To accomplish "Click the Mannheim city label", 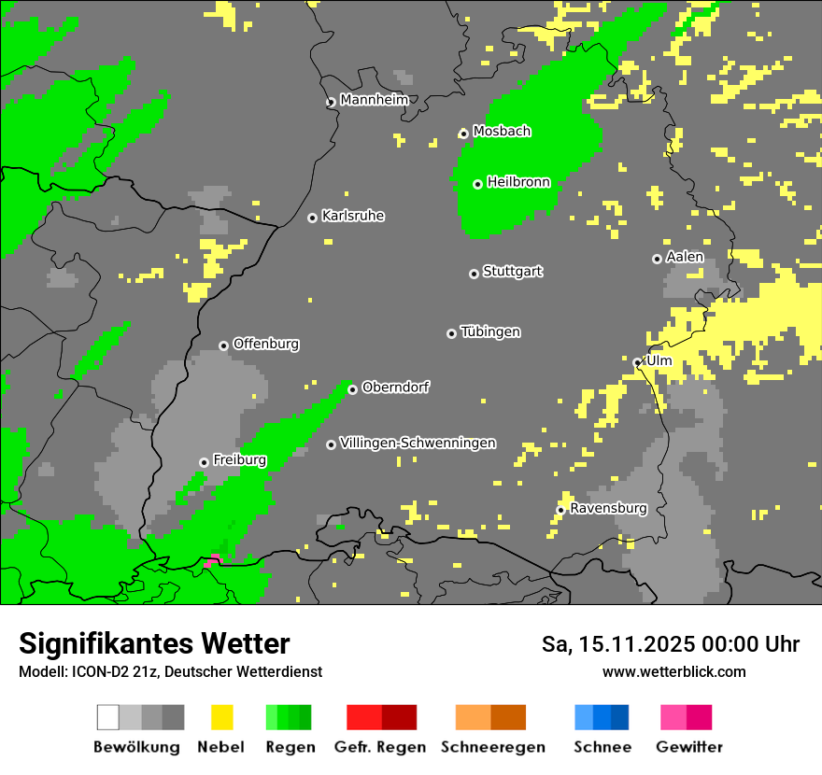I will click(374, 100).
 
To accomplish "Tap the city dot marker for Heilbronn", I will click(477, 184).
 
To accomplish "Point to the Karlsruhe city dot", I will click(312, 218).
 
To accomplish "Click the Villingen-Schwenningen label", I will click(418, 444).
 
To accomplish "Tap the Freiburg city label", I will click(239, 460).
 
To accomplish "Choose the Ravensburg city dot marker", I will click(560, 510).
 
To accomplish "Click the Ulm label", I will click(659, 361).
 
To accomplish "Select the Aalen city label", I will click(685, 258).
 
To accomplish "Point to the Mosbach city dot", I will click(463, 134).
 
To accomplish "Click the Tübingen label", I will click(490, 332).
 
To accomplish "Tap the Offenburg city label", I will click(265, 345).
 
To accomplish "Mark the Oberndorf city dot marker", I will click(352, 389).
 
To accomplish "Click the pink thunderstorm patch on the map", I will click(213, 560).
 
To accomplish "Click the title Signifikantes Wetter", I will click(154, 643).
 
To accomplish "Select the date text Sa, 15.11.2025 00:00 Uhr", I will click(670, 644).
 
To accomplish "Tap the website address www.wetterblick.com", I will click(673, 672).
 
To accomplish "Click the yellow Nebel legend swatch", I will click(221, 717).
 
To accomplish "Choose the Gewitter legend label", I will click(688, 747).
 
